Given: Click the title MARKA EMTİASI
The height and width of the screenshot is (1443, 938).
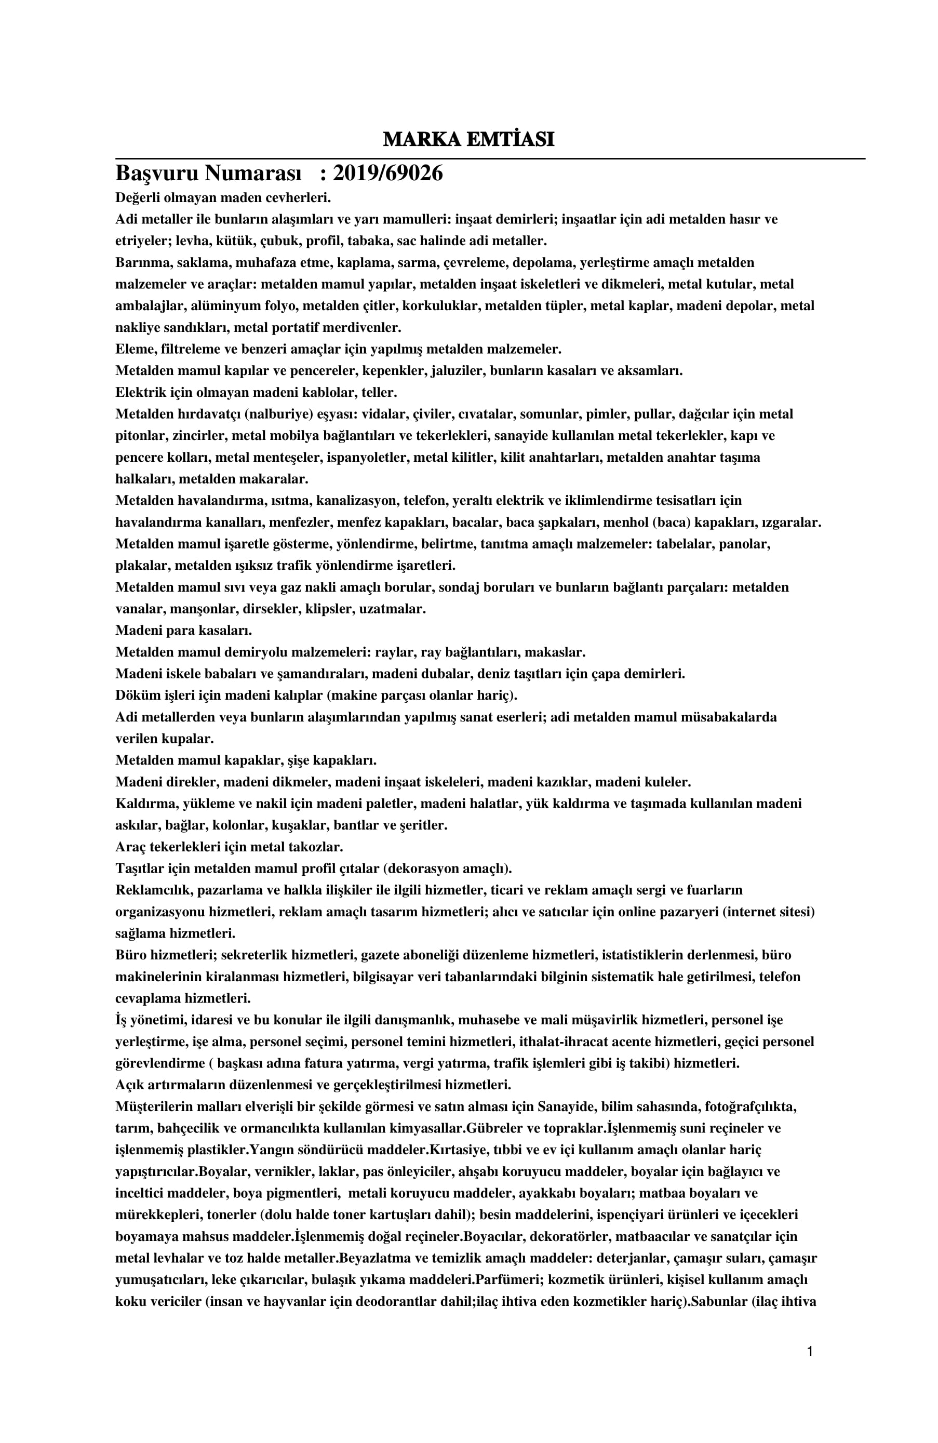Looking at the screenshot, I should point(468,139).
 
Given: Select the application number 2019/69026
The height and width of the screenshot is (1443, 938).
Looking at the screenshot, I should point(387,173).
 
